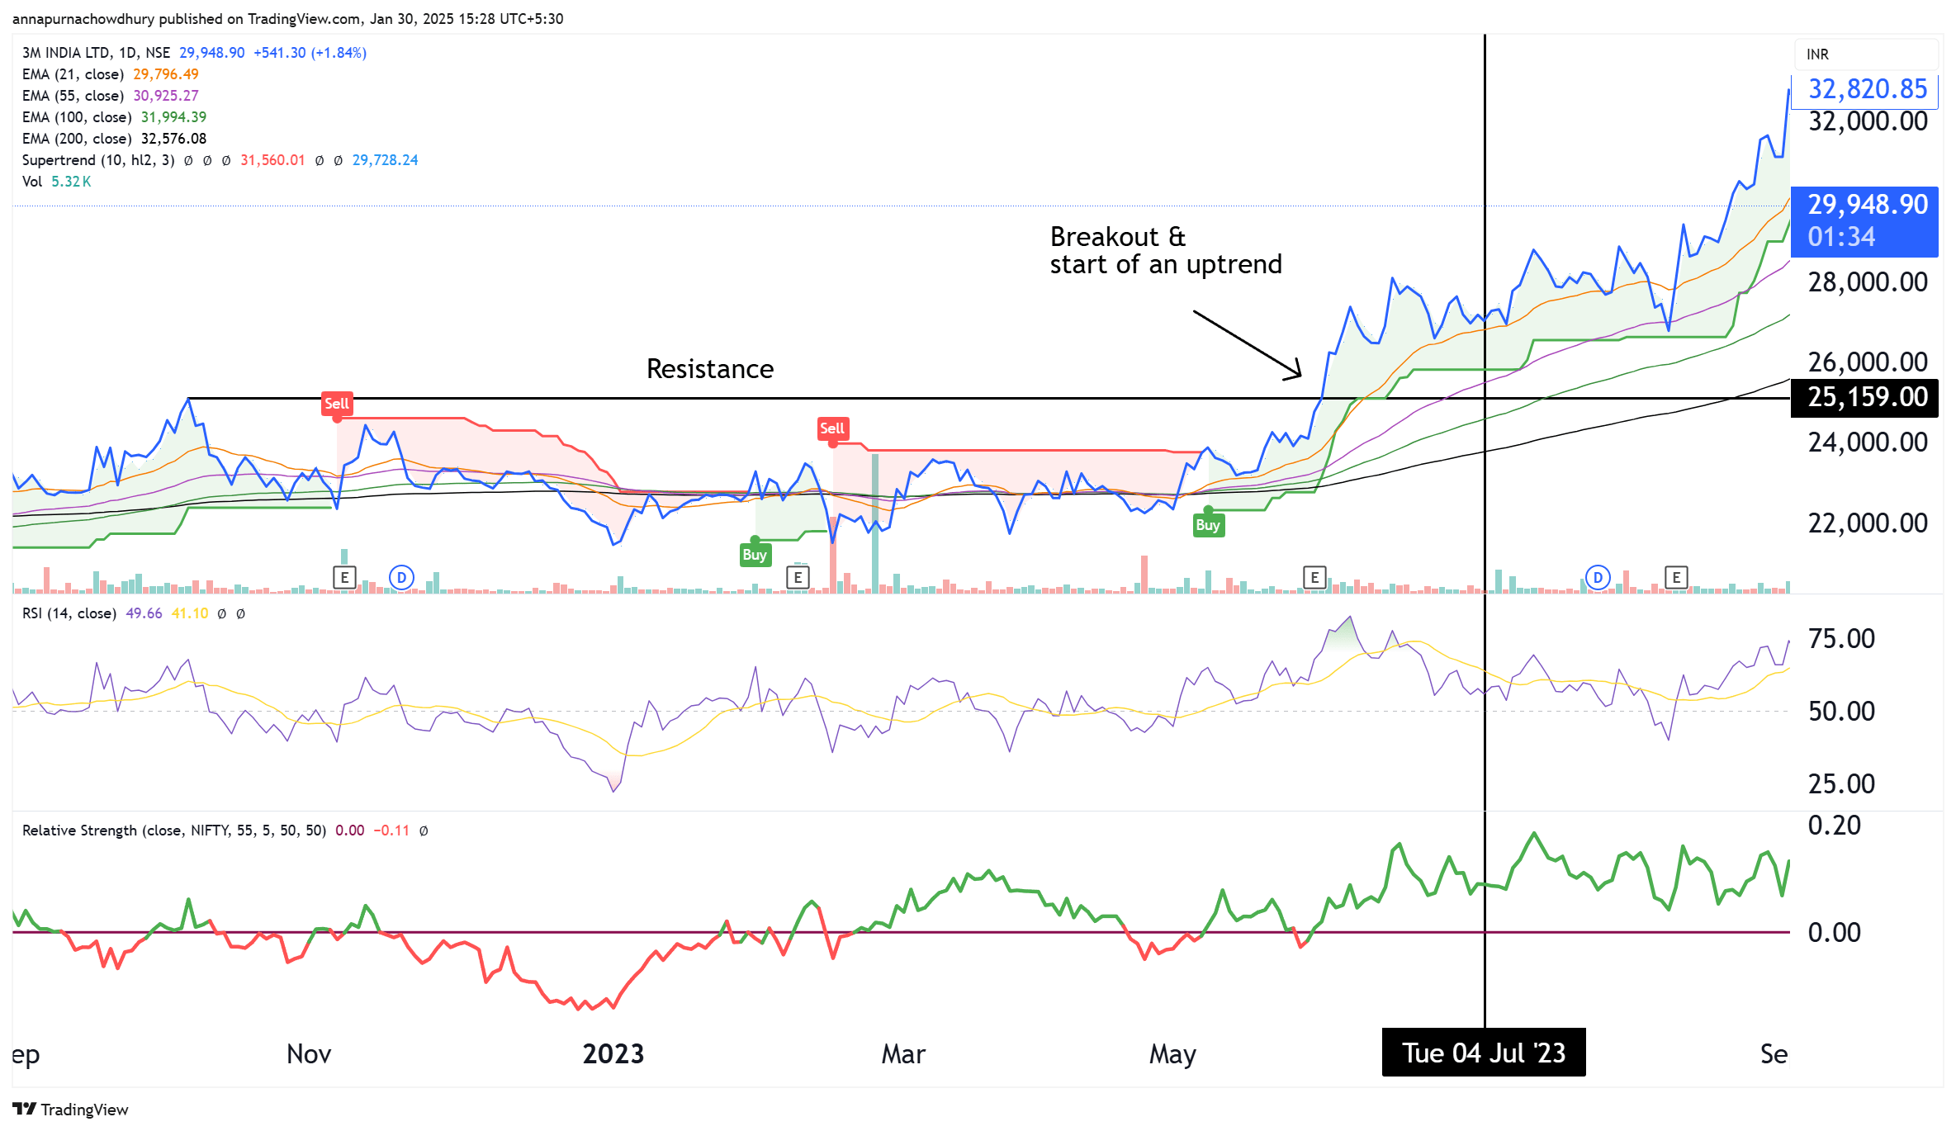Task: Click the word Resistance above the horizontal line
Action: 709,369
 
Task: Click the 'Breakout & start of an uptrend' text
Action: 1165,250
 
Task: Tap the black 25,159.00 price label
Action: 1867,397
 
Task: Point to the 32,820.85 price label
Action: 1867,89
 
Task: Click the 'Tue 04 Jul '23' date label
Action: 1483,1053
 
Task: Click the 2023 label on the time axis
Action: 613,1054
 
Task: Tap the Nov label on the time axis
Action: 309,1054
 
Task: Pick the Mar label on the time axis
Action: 903,1054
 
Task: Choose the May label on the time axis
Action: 1172,1054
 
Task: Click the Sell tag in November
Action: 337,404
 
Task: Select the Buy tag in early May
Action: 1207,525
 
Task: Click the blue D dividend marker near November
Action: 401,577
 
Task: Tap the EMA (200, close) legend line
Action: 114,139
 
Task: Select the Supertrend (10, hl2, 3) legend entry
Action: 98,160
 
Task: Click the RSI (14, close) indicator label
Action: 69,613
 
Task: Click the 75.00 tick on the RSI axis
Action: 1840,639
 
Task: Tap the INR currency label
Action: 1817,54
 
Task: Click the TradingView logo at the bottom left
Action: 70,1110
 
